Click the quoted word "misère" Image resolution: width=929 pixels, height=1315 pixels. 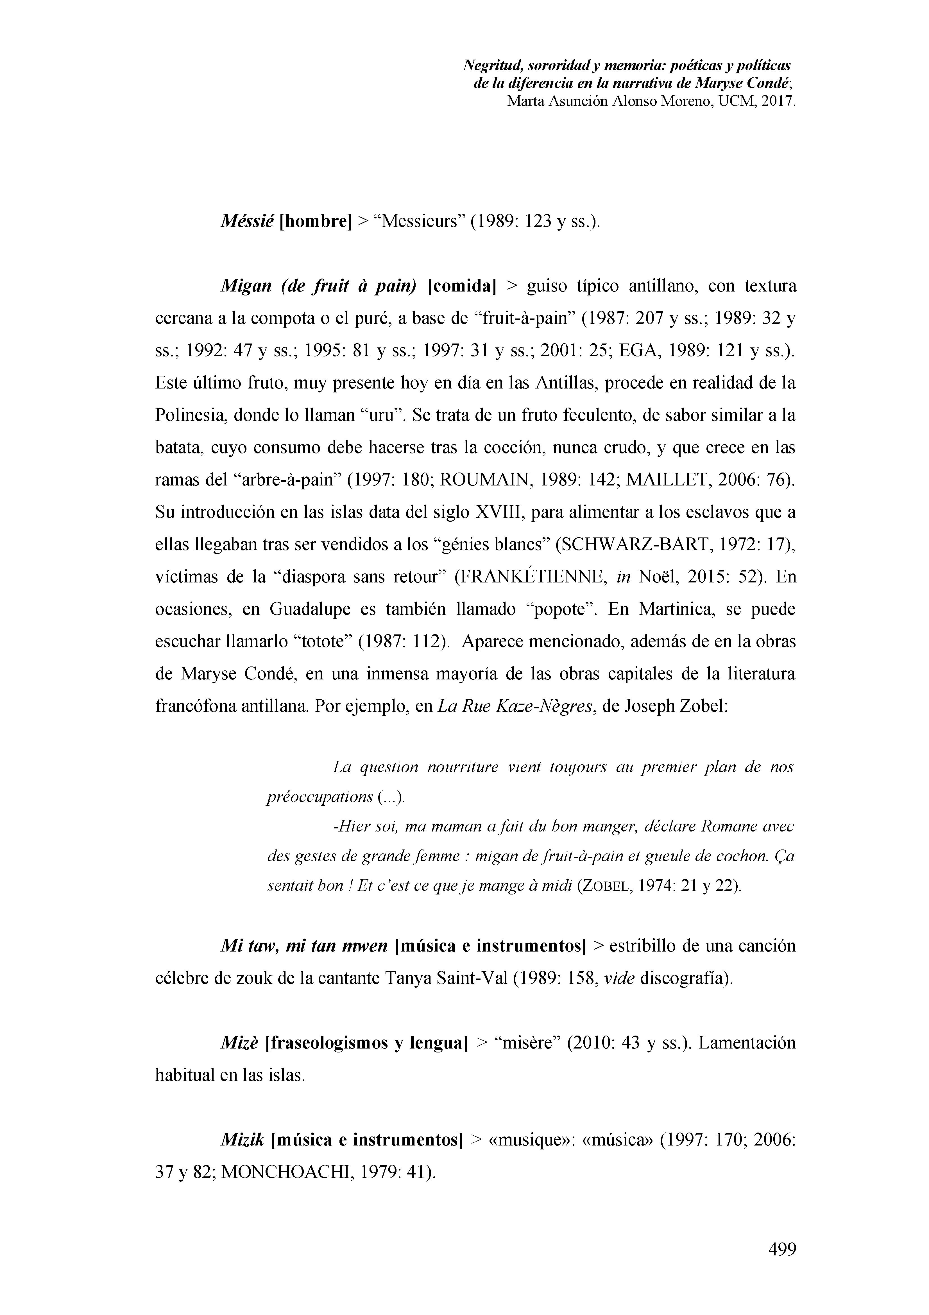[518, 1042]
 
